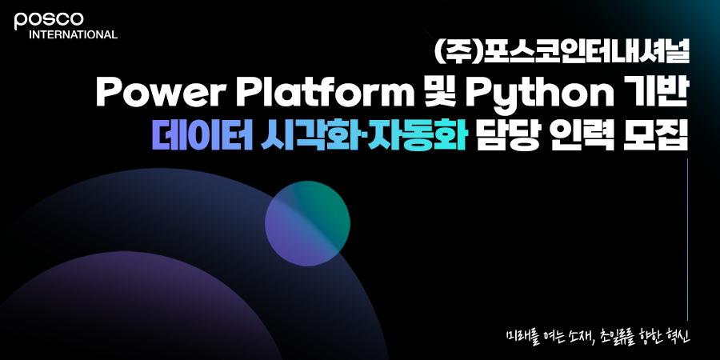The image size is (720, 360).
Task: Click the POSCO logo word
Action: pos(49,21)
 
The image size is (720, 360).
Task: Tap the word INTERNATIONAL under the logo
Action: pos(73,35)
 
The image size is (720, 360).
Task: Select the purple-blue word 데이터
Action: pos(202,136)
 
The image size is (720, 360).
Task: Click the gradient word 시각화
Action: pos(312,136)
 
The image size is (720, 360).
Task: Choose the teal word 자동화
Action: pos(418,136)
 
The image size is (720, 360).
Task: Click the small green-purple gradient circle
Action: pos(307,224)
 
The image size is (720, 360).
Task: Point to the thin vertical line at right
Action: pos(687,239)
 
